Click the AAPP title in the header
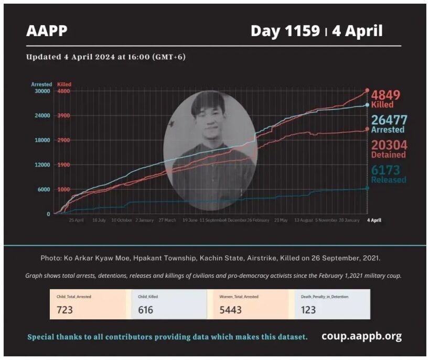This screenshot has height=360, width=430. [47, 31]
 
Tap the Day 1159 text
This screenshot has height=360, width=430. [285, 31]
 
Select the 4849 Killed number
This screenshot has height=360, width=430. [385, 95]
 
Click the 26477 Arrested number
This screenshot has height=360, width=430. [389, 120]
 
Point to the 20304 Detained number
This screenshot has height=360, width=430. [389, 145]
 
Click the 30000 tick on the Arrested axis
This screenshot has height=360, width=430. [41, 91]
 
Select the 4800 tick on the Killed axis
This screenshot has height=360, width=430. [63, 91]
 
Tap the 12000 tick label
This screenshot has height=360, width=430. [41, 165]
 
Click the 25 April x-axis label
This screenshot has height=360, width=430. [76, 221]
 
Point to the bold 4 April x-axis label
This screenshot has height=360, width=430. [374, 221]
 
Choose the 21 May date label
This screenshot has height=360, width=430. [281, 221]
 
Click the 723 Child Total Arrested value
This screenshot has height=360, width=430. [64, 310]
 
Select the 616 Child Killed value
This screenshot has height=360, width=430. [145, 310]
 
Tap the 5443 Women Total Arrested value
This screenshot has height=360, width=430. [231, 310]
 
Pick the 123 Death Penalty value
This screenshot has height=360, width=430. [308, 310]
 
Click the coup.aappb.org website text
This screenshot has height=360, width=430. [362, 336]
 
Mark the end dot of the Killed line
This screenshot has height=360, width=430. [367, 91]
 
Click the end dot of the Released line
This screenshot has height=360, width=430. [367, 188]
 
